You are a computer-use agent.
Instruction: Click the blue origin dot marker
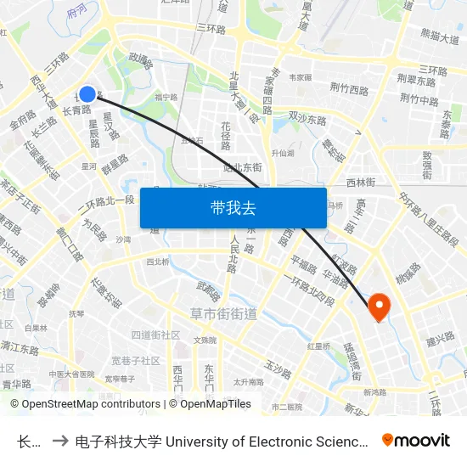click(87, 94)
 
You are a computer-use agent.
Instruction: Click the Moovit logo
click(416, 440)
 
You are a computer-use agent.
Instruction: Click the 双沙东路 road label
click(307, 119)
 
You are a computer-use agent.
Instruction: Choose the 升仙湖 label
click(282, 154)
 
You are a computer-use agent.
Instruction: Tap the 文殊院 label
click(205, 340)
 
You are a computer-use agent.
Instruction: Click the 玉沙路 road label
click(278, 368)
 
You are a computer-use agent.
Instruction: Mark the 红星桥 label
click(318, 346)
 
